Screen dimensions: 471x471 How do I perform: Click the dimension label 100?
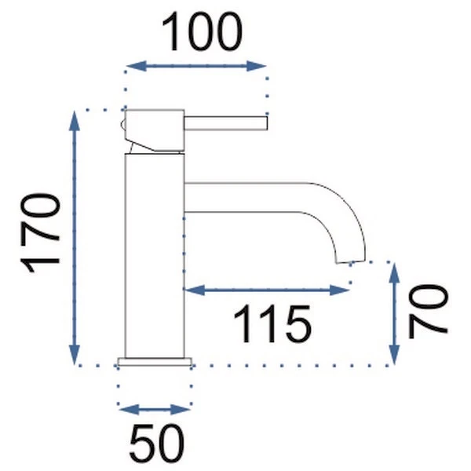pos(202,32)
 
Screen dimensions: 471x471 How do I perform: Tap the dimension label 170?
pos(40,233)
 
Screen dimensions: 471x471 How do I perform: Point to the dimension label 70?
pos(428,311)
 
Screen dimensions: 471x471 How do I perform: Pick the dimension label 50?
pos(156,444)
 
